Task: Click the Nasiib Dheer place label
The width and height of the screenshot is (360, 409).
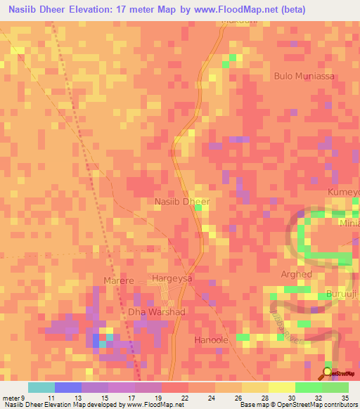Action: [x=182, y=202]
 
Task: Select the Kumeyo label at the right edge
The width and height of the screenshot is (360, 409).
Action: [x=344, y=192]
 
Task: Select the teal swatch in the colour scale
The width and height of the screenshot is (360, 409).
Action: [x=41, y=387]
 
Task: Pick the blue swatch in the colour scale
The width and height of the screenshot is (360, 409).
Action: [x=68, y=387]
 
